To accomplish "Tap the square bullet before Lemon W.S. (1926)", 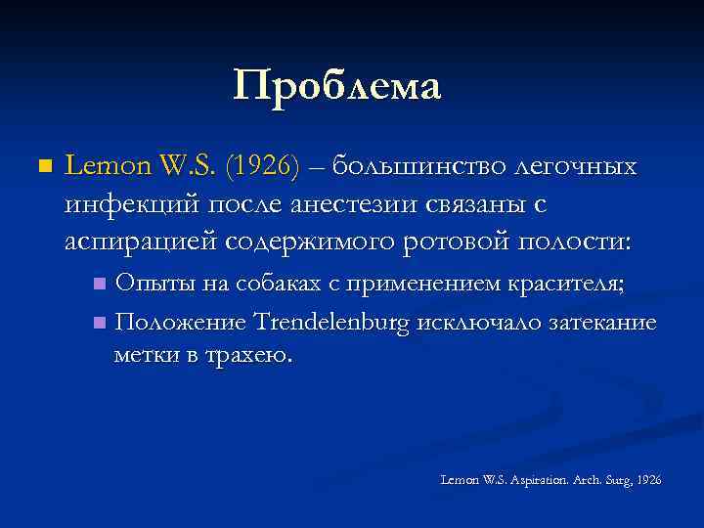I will pos(40,168).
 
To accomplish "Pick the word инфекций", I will pos(124,204).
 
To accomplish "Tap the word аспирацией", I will pos(140,241).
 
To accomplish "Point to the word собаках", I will pos(259,285).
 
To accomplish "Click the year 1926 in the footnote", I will pos(649,480).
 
